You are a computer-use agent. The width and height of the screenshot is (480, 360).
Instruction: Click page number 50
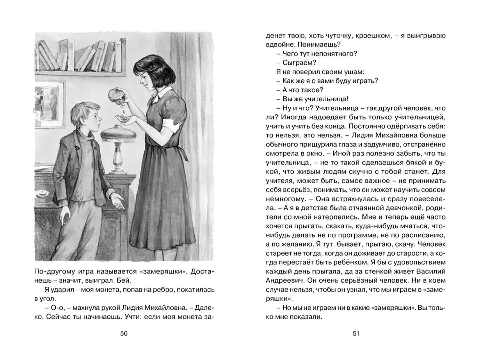click(x=124, y=333)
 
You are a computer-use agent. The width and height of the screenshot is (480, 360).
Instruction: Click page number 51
click(x=356, y=333)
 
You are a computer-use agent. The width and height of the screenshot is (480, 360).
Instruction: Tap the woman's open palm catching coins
click(x=125, y=119)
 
